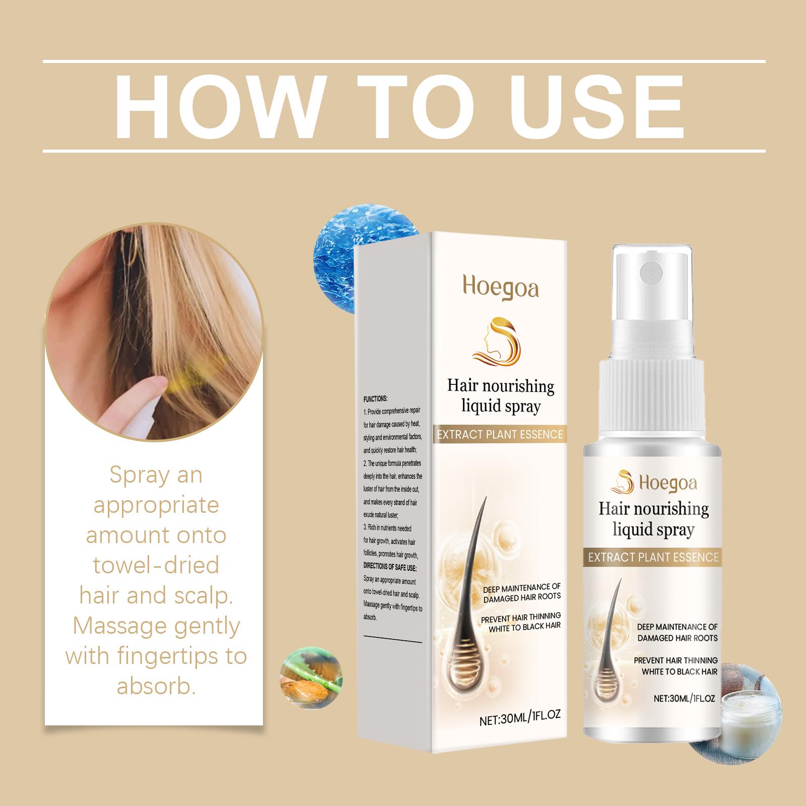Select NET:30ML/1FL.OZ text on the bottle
[x=684, y=698]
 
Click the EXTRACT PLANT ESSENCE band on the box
[x=499, y=434]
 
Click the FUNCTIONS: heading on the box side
[x=375, y=398]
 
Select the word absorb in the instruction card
[x=156, y=687]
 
